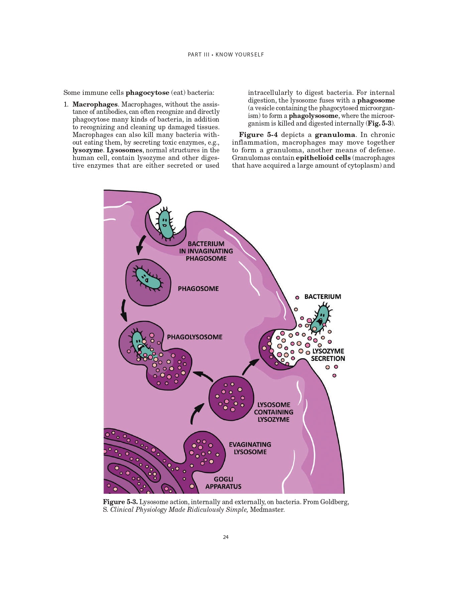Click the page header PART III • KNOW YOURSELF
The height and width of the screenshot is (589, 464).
(226, 54)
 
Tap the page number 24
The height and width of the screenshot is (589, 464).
(226, 537)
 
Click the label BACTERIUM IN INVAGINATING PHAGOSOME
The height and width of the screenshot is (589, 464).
(206, 251)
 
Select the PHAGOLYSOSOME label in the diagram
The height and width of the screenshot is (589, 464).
(195, 337)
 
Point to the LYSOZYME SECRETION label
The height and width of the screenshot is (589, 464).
(328, 355)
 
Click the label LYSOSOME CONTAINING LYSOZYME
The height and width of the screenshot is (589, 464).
(273, 412)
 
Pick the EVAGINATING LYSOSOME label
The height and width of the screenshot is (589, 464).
(250, 448)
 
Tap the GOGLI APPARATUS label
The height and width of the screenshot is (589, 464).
(223, 483)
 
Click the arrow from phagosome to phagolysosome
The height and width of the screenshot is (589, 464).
(124, 310)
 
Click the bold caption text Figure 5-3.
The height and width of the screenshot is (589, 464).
(120, 502)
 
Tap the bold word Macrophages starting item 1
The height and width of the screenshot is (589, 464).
(95, 105)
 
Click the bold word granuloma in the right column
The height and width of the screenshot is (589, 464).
(335, 135)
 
